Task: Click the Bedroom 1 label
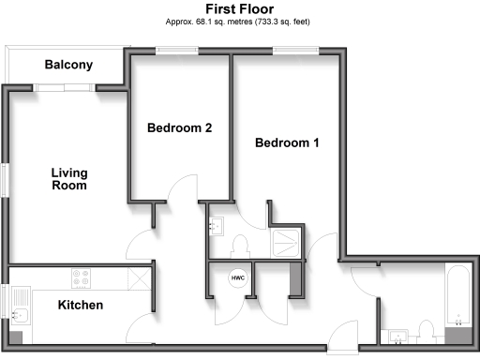288,143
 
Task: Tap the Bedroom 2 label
179,128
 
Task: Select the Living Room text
69,179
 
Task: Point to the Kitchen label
81,306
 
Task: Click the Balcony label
68,65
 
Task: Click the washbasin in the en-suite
216,226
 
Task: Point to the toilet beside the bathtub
427,331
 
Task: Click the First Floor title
239,8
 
